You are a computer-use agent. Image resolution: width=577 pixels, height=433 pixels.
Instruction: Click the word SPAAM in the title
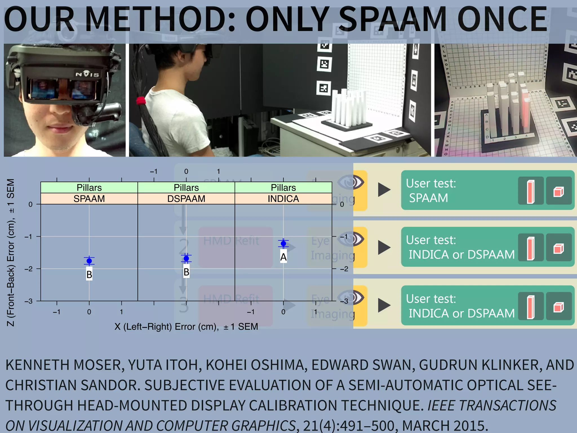pos(392,19)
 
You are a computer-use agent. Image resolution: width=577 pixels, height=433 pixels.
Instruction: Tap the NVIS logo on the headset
pos(87,74)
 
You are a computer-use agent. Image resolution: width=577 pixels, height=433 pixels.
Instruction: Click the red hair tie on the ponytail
pos(141,101)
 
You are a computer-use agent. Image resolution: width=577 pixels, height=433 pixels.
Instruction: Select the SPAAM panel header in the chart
pos(89,199)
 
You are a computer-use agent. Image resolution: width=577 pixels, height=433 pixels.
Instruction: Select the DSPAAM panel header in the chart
pos(186,199)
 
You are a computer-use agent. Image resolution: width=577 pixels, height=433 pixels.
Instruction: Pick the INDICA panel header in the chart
pos(283,199)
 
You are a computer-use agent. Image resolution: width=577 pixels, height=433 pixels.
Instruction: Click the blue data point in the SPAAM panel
pos(89,261)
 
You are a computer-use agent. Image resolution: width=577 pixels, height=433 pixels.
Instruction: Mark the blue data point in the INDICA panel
pos(283,244)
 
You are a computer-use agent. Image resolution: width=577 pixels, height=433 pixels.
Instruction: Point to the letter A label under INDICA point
pos(283,257)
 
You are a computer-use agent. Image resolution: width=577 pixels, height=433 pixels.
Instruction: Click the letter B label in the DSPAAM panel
pos(186,272)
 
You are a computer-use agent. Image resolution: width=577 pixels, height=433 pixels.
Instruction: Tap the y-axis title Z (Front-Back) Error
pos(11,252)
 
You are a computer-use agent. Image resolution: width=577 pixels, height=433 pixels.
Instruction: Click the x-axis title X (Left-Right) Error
pos(186,327)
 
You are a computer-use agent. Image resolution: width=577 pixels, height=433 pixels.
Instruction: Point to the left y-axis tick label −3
pos(28,301)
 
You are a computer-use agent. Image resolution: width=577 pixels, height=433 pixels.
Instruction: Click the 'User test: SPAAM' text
pos(430,191)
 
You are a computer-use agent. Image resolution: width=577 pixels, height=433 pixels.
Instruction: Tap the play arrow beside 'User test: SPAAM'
pos(384,190)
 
